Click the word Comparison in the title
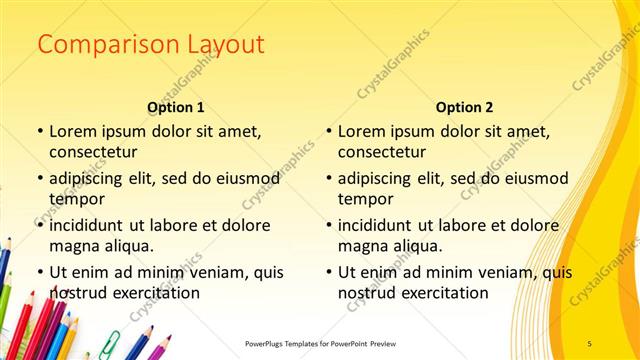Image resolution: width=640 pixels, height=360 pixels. click(x=98, y=45)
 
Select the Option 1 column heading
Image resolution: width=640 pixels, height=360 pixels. click(x=176, y=107)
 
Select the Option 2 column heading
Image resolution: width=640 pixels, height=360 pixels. click(x=464, y=107)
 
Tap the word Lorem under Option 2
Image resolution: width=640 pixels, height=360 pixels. click(x=361, y=131)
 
